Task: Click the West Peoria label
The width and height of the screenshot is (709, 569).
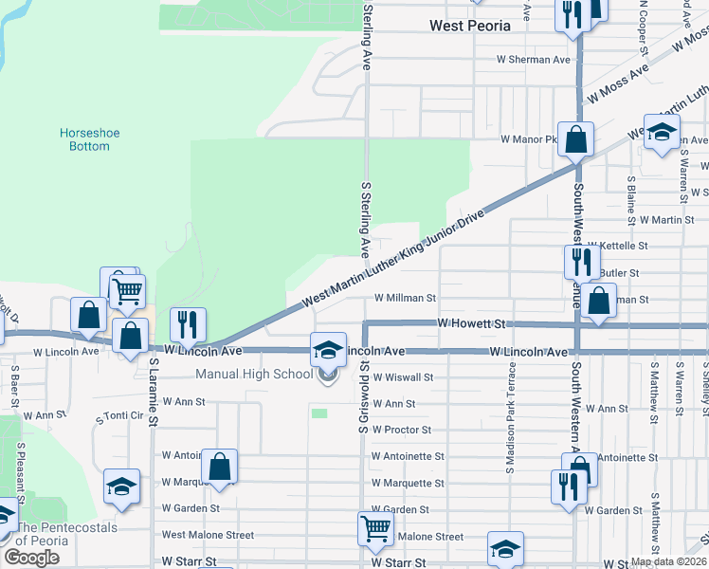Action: pos(470,26)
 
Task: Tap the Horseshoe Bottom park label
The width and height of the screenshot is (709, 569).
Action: pos(90,139)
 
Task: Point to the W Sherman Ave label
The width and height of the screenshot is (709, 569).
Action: pos(535,60)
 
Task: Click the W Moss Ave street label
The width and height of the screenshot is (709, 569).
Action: pos(617,83)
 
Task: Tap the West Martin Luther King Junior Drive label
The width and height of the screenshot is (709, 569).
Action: pos(392,258)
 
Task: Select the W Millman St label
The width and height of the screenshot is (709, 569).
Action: pos(405,297)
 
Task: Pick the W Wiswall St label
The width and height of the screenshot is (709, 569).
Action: pos(401,376)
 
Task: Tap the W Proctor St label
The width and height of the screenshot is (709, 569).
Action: pos(401,430)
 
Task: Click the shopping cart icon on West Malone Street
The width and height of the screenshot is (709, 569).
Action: pos(375,529)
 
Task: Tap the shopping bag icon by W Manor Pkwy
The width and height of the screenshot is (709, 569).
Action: pos(575,139)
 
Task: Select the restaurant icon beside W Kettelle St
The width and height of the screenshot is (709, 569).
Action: pos(582,261)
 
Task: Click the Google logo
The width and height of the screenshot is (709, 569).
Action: pos(31,558)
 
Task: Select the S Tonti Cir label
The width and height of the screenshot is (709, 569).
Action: pos(118,416)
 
